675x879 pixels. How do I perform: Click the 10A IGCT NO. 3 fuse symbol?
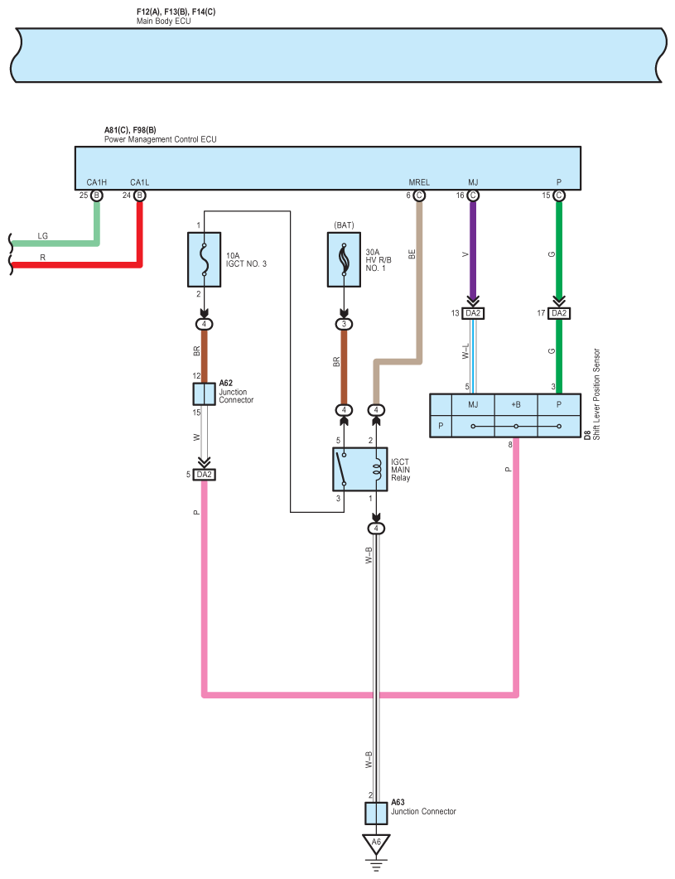coord(204,260)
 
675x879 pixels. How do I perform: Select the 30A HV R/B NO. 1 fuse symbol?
coord(345,260)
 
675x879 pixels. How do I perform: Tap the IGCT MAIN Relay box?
coord(360,469)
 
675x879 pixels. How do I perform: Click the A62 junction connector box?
coord(204,394)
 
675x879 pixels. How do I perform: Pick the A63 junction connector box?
coord(376,813)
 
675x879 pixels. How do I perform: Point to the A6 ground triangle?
coord(376,843)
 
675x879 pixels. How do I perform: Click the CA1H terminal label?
coord(96,182)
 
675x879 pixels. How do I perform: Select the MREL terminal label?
coord(419,182)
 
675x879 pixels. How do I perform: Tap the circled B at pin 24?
coord(140,196)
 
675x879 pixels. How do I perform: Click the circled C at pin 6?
coord(419,196)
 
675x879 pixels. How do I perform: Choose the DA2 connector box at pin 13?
coord(473,313)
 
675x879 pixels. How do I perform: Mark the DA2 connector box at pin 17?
coord(559,313)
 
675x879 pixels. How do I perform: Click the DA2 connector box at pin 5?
coord(204,475)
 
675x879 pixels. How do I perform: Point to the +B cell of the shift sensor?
coord(516,404)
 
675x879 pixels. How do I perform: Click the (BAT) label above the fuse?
coord(345,225)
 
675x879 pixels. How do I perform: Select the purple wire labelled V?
coord(473,249)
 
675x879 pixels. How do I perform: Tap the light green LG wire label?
coord(42,236)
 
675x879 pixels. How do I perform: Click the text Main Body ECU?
coord(164,22)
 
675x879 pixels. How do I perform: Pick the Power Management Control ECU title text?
coord(161,139)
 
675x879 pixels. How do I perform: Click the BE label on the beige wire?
coord(412,254)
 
